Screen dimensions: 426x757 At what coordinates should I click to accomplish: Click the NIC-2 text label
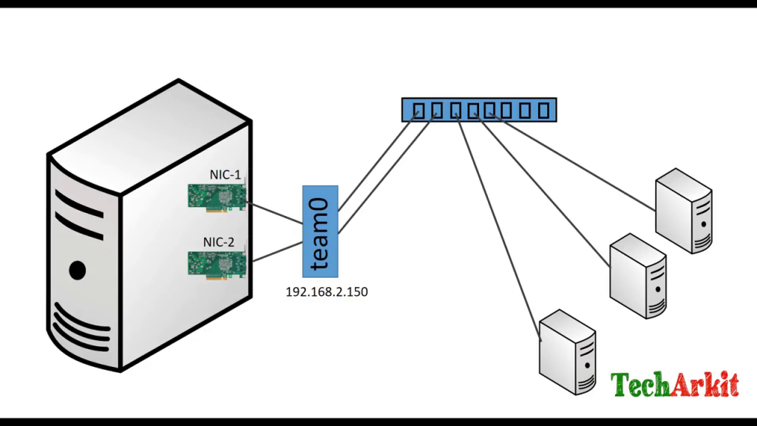219,242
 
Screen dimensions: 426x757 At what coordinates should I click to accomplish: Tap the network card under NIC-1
217,197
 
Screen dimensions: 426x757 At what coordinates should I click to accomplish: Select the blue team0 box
320,231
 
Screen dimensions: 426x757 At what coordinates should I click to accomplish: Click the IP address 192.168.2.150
327,292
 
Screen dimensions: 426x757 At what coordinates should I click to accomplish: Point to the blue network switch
479,109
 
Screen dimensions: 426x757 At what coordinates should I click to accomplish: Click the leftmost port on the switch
418,111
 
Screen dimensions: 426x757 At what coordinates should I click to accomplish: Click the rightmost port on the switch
544,111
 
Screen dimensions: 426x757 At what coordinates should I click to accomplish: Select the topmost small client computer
684,211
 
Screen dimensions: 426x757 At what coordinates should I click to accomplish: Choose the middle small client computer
638,276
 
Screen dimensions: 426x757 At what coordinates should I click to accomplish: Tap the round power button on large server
76,270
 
